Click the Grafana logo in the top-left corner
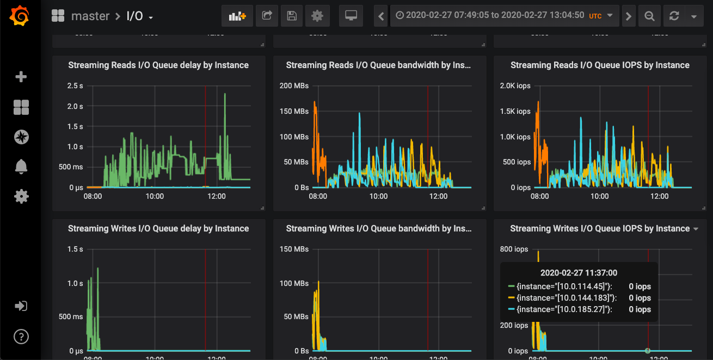[x=20, y=16]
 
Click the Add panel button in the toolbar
[x=237, y=16]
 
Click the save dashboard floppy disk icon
[x=292, y=16]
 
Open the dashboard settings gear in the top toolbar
[x=317, y=16]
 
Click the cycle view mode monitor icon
[x=351, y=16]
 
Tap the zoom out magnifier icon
[x=649, y=16]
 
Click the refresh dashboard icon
[x=674, y=16]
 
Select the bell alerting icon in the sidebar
[x=21, y=167]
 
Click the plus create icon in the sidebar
[x=21, y=77]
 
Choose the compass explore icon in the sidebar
[x=21, y=137]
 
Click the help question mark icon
[x=21, y=336]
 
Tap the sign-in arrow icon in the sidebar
[x=21, y=306]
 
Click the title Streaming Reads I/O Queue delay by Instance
[x=158, y=65]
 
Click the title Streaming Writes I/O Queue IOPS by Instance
[x=600, y=229]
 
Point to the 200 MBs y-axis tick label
[x=293, y=86]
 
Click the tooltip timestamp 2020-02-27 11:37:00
[x=579, y=273]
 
